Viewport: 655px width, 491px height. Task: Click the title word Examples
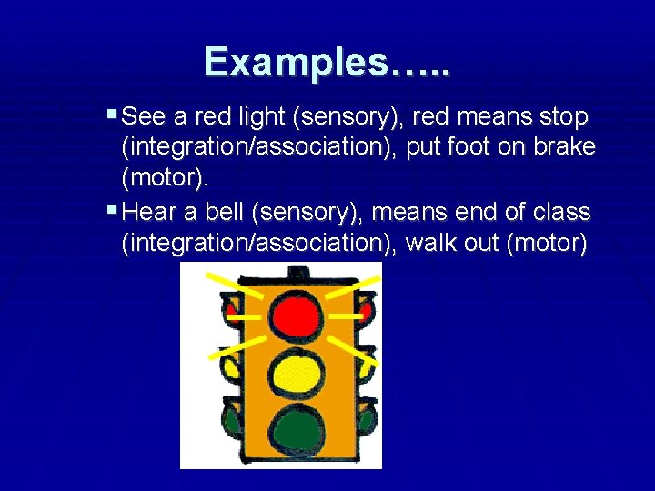pos(327,62)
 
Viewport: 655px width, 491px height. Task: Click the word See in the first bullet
pos(141,117)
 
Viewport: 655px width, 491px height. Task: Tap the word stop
pos(563,117)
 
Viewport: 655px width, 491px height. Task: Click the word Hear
pos(148,213)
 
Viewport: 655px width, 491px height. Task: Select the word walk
pos(432,244)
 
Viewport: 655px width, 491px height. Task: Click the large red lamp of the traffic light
pos(295,311)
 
